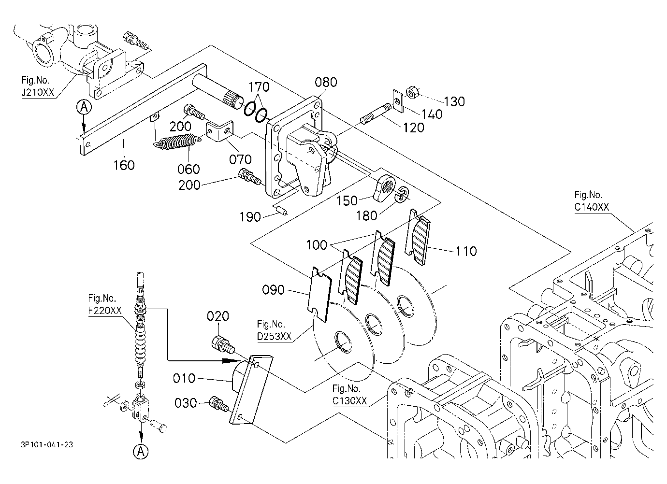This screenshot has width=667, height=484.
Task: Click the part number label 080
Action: click(x=326, y=82)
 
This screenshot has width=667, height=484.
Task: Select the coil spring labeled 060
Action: click(x=176, y=142)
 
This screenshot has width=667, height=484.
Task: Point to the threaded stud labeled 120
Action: click(x=376, y=114)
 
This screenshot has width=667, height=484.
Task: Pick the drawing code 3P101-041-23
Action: click(x=47, y=445)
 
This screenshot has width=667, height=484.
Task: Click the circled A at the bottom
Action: click(x=141, y=452)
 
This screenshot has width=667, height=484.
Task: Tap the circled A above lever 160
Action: click(x=84, y=107)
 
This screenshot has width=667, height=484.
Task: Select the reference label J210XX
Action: click(x=38, y=93)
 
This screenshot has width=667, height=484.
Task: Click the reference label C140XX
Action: click(x=592, y=207)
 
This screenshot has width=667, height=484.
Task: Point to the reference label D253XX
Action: click(x=274, y=336)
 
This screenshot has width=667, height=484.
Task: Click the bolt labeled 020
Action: click(x=223, y=345)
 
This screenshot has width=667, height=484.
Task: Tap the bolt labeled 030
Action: click(x=219, y=404)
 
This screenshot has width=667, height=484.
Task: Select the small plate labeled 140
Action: click(x=397, y=101)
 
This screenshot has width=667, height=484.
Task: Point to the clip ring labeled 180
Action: click(x=401, y=194)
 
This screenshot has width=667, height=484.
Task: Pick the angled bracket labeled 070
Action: click(x=220, y=131)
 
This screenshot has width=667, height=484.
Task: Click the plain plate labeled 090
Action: click(x=319, y=294)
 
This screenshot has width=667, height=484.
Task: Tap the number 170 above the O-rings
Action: click(x=259, y=87)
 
